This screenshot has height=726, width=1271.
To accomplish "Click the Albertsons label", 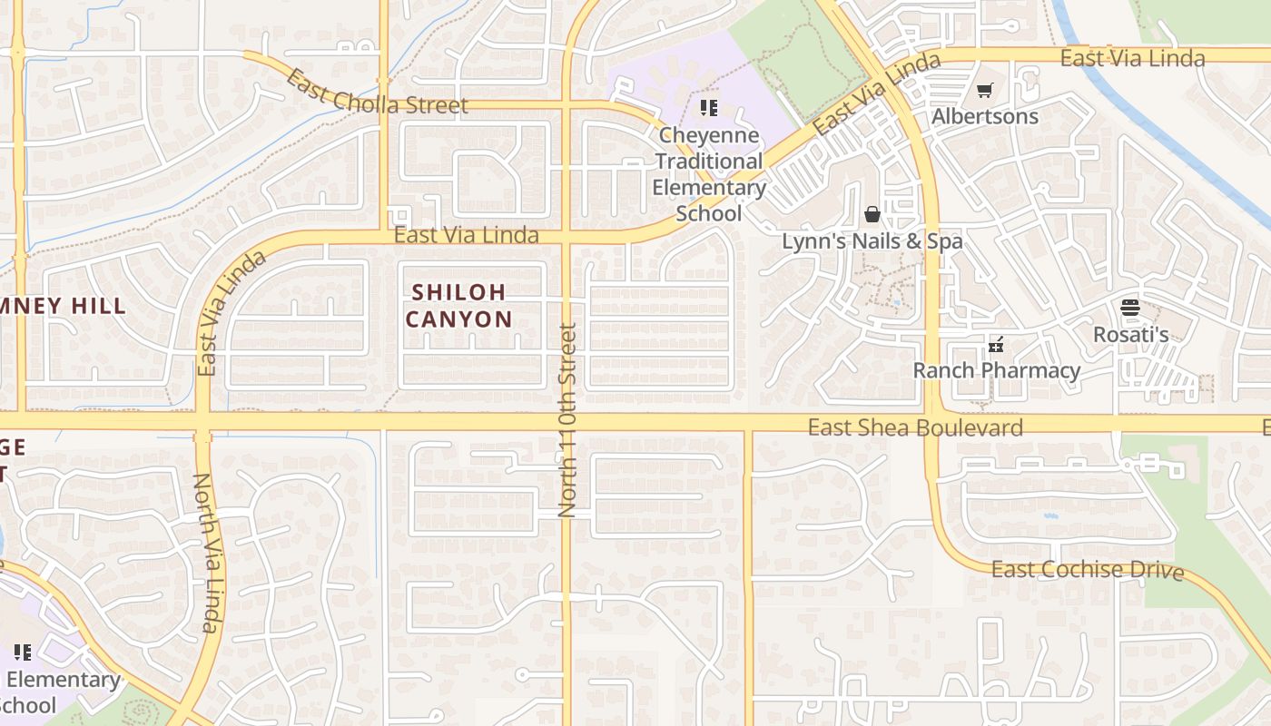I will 985,116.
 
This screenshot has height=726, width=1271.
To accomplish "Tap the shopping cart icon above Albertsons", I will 985,90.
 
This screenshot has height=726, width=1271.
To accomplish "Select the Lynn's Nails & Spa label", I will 872,241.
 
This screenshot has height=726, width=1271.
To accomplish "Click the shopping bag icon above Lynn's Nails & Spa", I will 872,214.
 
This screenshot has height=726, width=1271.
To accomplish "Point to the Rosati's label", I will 1130,334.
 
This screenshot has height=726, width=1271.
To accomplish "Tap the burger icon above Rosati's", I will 1130,308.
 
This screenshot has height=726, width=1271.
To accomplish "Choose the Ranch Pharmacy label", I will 996,370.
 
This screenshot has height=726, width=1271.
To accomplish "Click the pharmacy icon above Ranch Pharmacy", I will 996,345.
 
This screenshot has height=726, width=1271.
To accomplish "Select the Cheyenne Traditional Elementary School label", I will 710,174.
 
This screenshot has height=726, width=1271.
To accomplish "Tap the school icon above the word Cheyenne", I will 709,109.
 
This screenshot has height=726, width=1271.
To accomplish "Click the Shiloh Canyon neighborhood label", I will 458,306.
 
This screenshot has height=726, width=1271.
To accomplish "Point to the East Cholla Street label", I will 376,93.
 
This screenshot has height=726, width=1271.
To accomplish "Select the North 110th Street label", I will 567,420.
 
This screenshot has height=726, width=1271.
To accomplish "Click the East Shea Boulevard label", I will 915,427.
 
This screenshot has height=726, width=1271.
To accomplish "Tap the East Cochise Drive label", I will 1088,571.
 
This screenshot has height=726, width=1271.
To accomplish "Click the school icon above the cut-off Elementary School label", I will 23,652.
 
